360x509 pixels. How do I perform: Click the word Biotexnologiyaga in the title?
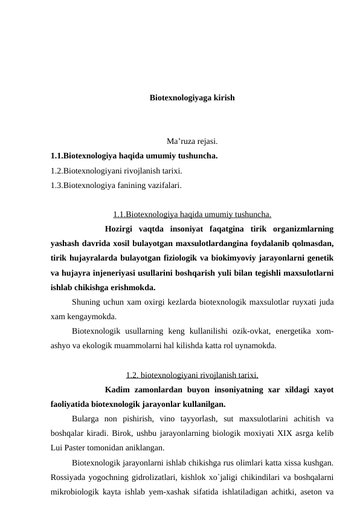[179, 97]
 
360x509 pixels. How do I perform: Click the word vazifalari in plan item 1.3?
[164, 186]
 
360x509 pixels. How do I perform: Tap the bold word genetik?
[321, 258]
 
